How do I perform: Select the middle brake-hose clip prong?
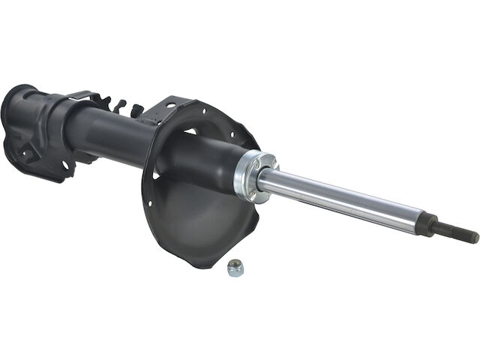121,105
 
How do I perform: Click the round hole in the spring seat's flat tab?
173,106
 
